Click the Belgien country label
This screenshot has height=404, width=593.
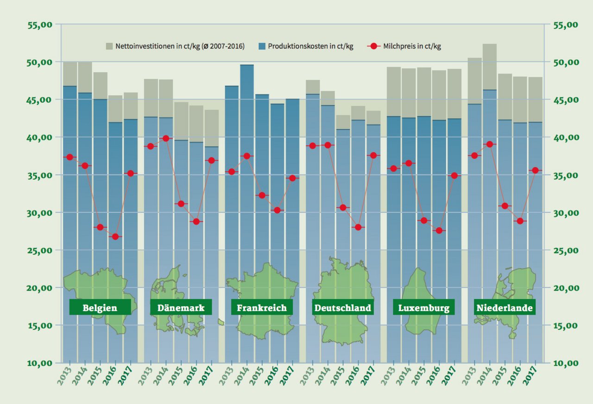tap(100, 308)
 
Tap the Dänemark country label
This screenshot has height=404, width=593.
tap(181, 308)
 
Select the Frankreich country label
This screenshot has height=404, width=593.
tap(262, 308)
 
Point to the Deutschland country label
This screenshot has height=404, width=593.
tap(343, 308)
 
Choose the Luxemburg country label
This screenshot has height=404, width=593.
tap(423, 308)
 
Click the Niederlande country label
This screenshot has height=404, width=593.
tap(505, 308)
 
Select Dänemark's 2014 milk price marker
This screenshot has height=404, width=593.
tap(166, 138)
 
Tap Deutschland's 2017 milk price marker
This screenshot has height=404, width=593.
tap(373, 155)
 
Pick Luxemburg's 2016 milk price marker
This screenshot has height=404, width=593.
tap(439, 230)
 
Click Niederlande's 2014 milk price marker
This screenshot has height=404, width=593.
tap(490, 144)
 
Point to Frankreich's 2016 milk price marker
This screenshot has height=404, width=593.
tap(278, 210)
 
